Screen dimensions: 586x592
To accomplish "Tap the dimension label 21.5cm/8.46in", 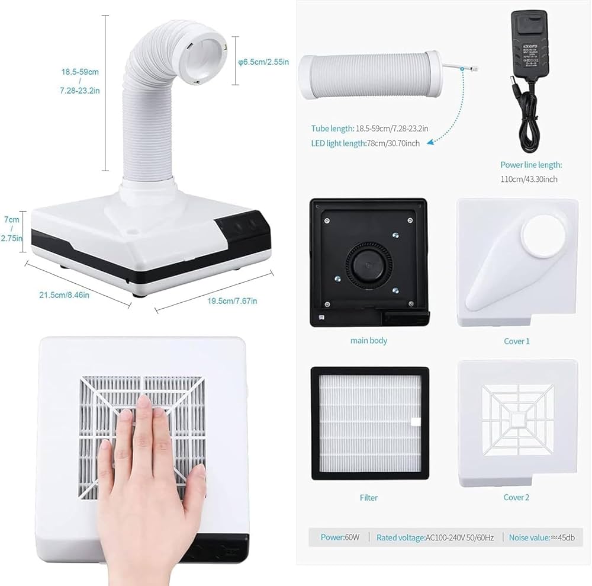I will [x=69, y=294].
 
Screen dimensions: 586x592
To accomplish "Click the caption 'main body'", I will [x=368, y=341].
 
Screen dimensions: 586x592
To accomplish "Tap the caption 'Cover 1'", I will [x=516, y=341].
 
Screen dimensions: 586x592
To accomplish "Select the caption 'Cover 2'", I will [x=516, y=497].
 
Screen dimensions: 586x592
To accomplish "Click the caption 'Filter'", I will [x=368, y=498].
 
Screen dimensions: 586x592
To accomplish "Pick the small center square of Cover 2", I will [x=517, y=419].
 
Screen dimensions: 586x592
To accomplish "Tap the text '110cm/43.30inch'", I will [x=529, y=179].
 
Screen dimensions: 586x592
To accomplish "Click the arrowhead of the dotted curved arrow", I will [x=430, y=140].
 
